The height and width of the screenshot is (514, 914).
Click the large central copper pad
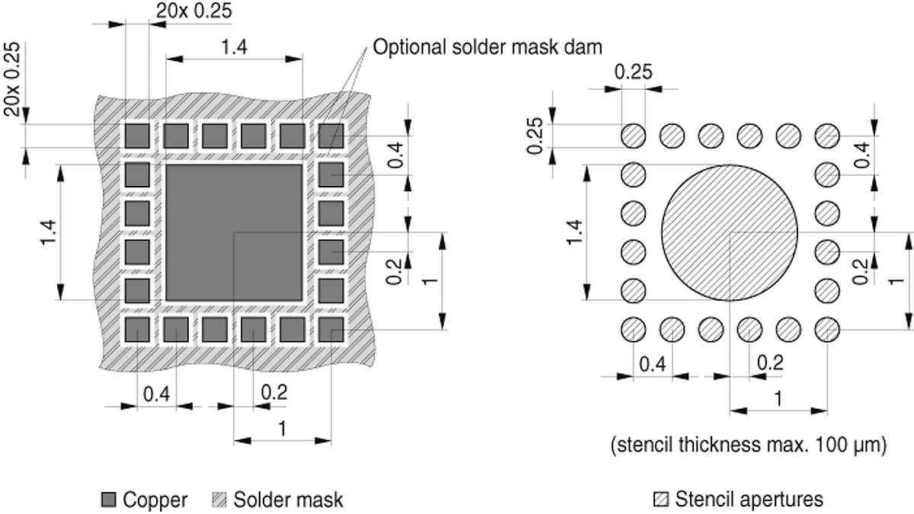tap(234, 231)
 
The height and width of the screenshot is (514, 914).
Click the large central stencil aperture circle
tap(730, 231)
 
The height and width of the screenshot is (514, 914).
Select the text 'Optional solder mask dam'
tap(487, 47)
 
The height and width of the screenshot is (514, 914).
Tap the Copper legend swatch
tap(108, 500)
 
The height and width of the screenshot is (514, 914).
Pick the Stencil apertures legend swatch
tap(661, 500)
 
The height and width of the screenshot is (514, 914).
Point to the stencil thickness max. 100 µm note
tap(749, 445)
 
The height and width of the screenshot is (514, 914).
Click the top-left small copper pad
tap(137, 136)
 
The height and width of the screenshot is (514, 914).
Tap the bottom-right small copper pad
tap(331, 330)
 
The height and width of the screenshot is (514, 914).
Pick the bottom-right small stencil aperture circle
tap(826, 330)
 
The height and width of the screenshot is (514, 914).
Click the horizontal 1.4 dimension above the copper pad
tap(234, 48)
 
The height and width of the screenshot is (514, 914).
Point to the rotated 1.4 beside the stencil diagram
tap(576, 232)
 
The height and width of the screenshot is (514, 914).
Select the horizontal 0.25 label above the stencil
tap(633, 72)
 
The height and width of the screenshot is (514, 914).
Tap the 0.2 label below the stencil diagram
tap(770, 362)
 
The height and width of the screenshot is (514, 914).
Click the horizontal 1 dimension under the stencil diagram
tap(778, 398)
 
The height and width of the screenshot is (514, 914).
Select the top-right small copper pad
tap(331, 136)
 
